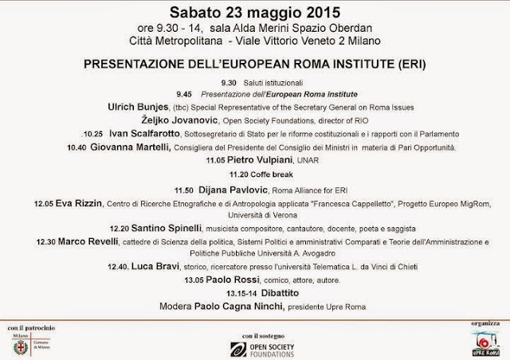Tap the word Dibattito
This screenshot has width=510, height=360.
click(x=272, y=294)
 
